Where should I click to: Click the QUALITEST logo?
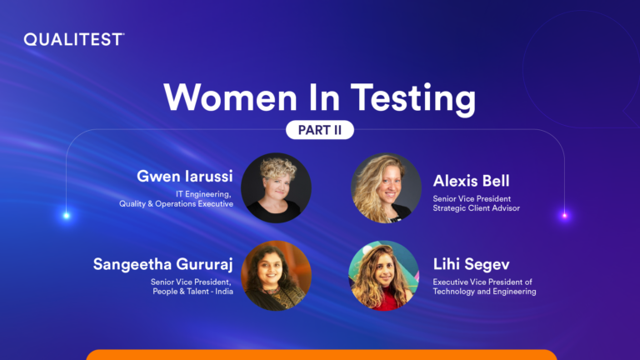point(74,40)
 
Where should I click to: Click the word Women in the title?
point(230,97)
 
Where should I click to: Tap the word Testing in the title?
point(413,98)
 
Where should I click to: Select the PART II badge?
point(320,130)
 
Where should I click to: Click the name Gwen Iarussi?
point(185,177)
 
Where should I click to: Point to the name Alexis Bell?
point(471,181)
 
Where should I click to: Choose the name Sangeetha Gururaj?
point(162,264)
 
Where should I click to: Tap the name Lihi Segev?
point(471,264)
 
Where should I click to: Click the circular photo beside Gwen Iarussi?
point(276,188)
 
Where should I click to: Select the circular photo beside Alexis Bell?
point(386,188)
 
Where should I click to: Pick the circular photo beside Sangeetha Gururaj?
point(276,276)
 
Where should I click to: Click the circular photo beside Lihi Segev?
point(383,276)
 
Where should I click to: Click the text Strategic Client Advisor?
point(477,208)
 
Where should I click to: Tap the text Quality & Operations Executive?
point(177,203)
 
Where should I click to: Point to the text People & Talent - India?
point(193,292)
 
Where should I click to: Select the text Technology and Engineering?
point(484,292)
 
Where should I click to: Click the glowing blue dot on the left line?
point(67,216)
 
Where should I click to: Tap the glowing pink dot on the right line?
point(565,216)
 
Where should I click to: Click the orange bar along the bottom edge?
point(322,355)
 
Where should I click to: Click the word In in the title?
point(324,97)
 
